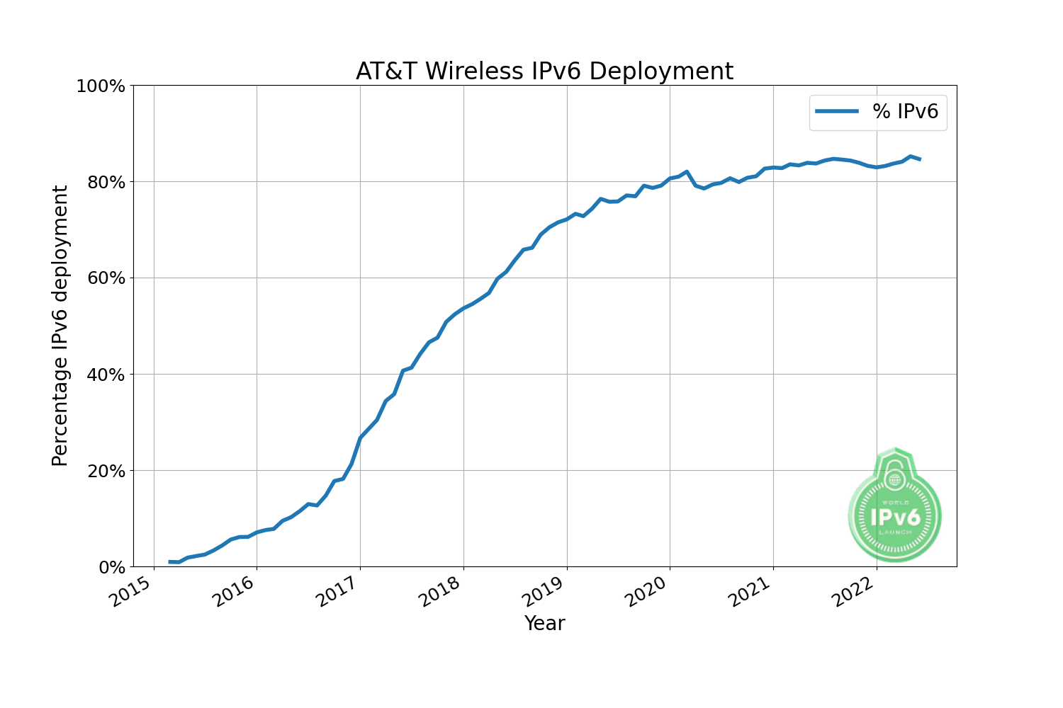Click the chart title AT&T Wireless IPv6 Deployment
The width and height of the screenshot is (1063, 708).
tap(544, 72)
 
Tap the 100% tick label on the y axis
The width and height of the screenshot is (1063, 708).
tap(100, 86)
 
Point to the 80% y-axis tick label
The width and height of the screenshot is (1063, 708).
tap(105, 183)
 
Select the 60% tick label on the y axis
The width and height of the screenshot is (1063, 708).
tap(105, 278)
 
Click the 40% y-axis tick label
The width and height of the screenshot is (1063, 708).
tap(105, 375)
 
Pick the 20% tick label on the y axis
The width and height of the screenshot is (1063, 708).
tap(105, 471)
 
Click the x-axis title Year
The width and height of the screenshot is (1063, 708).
tap(544, 624)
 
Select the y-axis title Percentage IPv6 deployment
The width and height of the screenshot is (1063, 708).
tap(61, 326)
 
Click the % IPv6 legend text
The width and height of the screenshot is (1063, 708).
tap(905, 112)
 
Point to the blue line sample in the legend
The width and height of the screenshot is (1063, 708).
tap(837, 112)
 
